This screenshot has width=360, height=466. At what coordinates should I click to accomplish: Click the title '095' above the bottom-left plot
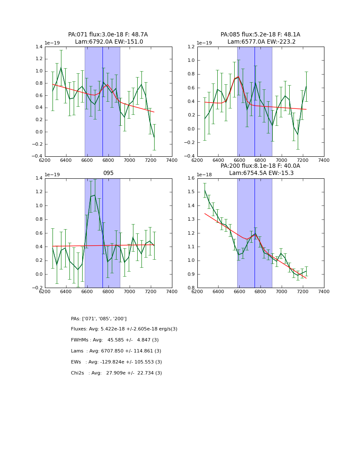[x=108, y=173]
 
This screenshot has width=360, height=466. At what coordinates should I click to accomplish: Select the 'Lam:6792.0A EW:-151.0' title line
[x=109, y=42]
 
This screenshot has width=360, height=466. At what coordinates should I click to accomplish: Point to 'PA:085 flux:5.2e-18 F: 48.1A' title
[x=260, y=35]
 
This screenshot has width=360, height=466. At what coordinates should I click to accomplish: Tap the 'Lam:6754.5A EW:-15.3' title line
[x=261, y=173]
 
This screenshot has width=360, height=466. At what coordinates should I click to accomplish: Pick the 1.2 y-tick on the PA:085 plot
[x=191, y=47]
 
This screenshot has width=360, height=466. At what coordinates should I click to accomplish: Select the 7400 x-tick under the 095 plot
[x=172, y=291]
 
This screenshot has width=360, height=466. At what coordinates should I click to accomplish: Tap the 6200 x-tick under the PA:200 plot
[x=197, y=291]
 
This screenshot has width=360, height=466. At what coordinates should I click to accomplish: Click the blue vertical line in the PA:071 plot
[x=102, y=102]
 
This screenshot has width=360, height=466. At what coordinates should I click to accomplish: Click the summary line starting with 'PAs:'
[x=99, y=319]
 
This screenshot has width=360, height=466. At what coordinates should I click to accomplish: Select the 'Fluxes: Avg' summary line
[x=124, y=329]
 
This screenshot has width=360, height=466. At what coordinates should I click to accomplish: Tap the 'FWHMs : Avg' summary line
[x=115, y=340]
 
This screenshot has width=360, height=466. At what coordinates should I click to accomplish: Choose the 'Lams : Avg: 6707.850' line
[x=116, y=351]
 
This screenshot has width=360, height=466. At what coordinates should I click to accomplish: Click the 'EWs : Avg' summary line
[x=116, y=362]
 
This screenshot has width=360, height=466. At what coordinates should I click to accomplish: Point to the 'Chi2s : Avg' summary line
[x=116, y=373]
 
